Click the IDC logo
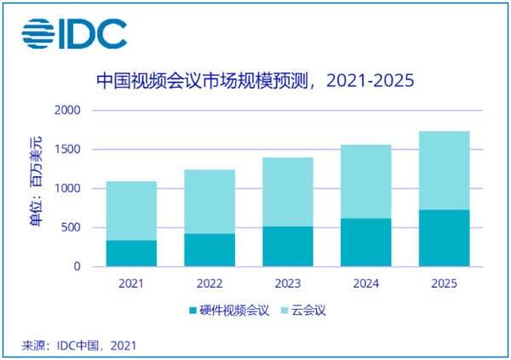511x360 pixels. click(75, 34)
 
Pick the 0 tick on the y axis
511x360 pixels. click(76, 266)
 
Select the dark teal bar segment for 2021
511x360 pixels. click(130, 253)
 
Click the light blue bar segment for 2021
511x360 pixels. click(130, 210)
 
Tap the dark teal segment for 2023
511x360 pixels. click(287, 246)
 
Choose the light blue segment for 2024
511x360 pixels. click(365, 181)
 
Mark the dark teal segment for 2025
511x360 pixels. click(444, 237)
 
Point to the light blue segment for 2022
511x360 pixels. click(209, 201)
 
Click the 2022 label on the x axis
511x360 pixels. click(209, 282)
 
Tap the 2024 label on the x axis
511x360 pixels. click(365, 282)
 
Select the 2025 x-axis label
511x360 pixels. click(444, 282)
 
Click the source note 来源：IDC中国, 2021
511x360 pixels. click(78, 345)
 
